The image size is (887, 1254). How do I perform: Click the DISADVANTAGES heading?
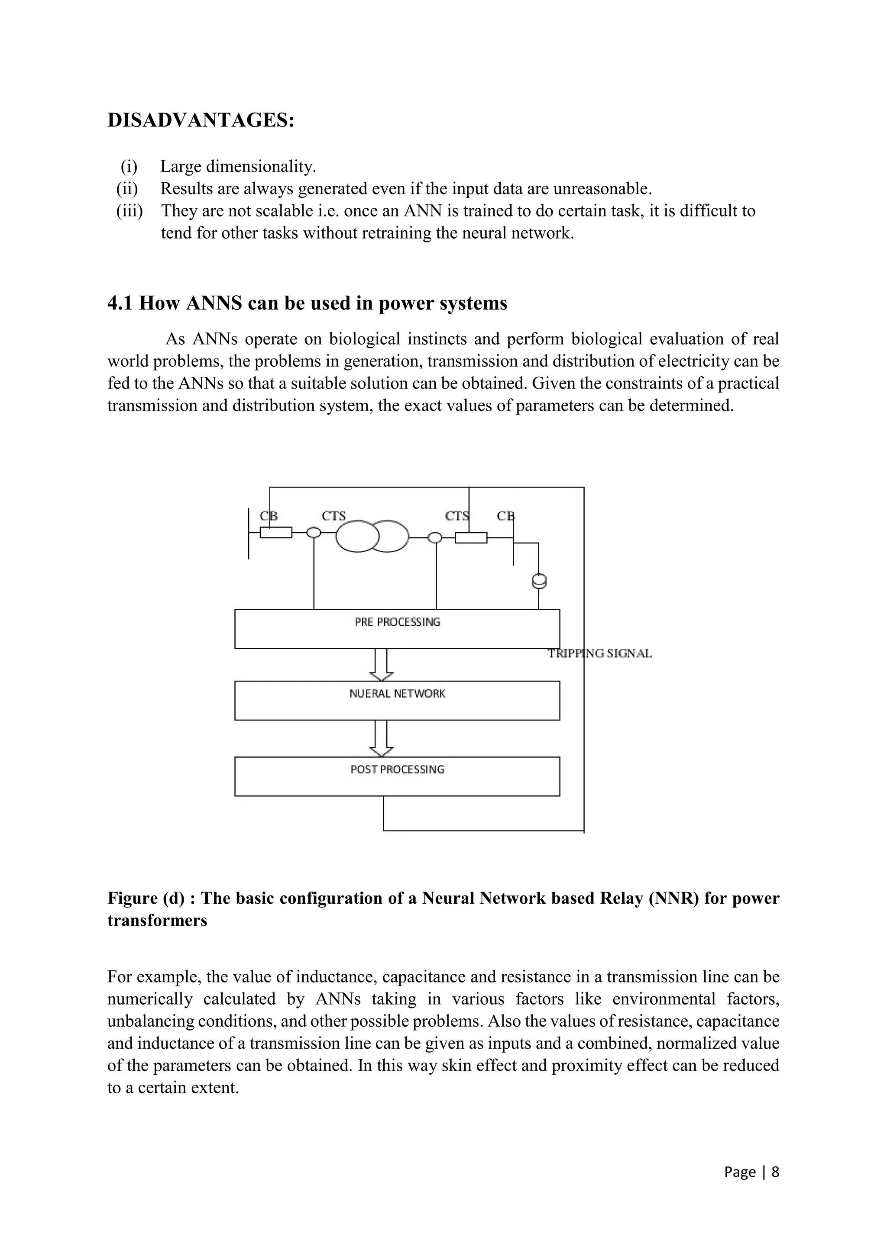pyautogui.click(x=201, y=120)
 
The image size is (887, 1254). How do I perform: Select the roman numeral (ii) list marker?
pyautogui.click(x=127, y=189)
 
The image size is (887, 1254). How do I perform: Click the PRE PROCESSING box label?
pyautogui.click(x=397, y=622)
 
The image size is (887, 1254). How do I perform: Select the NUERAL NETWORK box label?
pyautogui.click(x=397, y=694)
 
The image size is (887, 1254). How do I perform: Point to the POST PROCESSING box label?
pyautogui.click(x=397, y=769)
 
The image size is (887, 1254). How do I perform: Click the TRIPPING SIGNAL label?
pyautogui.click(x=600, y=654)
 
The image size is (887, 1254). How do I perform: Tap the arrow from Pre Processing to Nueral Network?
pyautogui.click(x=381, y=665)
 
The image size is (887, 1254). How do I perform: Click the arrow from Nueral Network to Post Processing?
pyautogui.click(x=381, y=738)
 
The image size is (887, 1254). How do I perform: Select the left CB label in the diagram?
pyautogui.click(x=268, y=516)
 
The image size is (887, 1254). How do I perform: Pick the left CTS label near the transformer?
pyautogui.click(x=334, y=516)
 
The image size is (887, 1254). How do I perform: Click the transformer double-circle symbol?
pyautogui.click(x=372, y=537)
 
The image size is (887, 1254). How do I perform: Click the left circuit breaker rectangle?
pyautogui.click(x=276, y=533)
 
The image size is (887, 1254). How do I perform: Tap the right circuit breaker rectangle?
pyautogui.click(x=471, y=538)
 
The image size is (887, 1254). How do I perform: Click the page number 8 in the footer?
pyautogui.click(x=775, y=1172)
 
